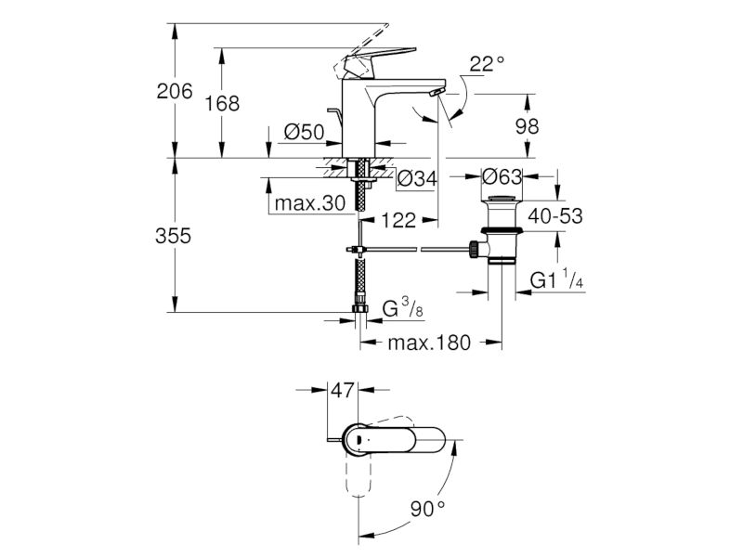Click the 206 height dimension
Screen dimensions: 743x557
point(175,91)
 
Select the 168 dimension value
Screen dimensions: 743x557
point(222,103)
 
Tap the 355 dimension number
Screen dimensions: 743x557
point(174,236)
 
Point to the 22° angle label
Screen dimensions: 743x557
point(487,63)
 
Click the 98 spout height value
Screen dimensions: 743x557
point(527,126)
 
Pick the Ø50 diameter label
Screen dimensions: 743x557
point(305,132)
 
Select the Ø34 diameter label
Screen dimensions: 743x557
point(417,178)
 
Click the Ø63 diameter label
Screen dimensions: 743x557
point(502,177)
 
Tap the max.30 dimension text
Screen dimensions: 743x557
point(310,203)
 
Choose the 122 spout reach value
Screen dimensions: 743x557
point(398,220)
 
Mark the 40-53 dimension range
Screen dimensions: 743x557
point(555,216)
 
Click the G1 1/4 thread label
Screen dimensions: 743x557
point(556,279)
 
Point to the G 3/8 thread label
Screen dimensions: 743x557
point(403,308)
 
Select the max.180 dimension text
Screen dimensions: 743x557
point(429,342)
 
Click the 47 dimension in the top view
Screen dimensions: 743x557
point(343,390)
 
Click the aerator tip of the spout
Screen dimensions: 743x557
point(437,92)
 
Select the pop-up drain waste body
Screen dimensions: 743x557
point(502,229)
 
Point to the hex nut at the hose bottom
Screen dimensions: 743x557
point(360,308)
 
